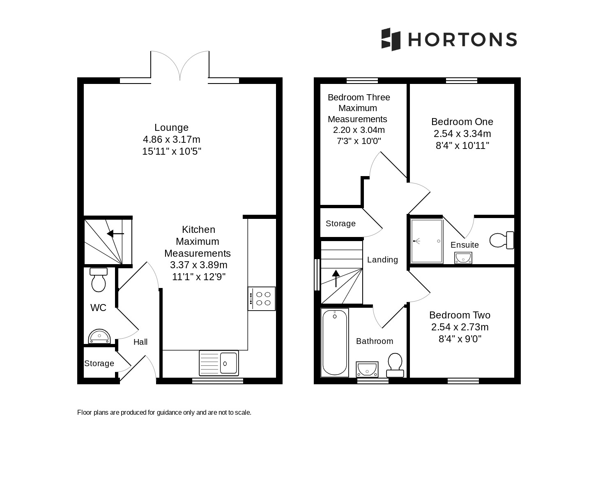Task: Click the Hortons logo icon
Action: coord(391,39)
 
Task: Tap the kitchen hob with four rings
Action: coord(262,298)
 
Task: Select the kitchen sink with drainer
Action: coord(219,363)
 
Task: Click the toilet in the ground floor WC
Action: coord(99,280)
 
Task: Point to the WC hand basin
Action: coord(99,336)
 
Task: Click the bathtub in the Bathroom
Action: coord(334,343)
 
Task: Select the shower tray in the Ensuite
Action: coord(426,241)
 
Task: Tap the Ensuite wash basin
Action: coord(463,258)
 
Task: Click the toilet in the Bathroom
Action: coord(395,365)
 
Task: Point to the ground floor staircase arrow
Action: coord(115,234)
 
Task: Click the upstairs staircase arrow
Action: coord(336,278)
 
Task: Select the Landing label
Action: coord(383,260)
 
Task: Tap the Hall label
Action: coord(140,342)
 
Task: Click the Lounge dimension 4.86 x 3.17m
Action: coord(172,139)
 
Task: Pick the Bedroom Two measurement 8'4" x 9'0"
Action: coord(460,339)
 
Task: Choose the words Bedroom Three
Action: coord(359,97)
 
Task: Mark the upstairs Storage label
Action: coord(340,223)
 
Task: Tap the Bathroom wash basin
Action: coord(367,369)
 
